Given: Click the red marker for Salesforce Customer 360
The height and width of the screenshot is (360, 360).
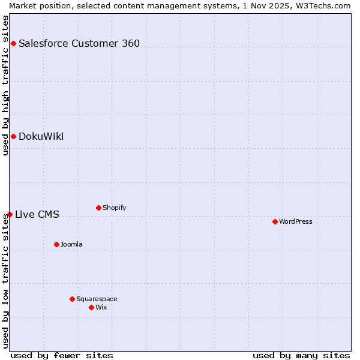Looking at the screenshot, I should (x=13, y=43).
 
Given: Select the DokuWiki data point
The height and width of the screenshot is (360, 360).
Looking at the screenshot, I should (x=13, y=136).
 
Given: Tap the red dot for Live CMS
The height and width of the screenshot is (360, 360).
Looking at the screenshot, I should (x=10, y=214).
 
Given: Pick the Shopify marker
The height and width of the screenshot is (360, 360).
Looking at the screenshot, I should (x=98, y=208).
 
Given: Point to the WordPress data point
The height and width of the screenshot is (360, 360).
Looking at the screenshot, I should (x=275, y=221).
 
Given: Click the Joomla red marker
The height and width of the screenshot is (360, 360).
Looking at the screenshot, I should (x=56, y=244).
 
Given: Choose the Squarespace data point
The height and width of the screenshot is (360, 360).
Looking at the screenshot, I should (x=72, y=299).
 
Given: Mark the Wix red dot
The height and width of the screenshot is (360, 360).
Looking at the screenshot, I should (x=91, y=307).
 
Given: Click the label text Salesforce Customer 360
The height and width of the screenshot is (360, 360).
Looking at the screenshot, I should (x=79, y=43).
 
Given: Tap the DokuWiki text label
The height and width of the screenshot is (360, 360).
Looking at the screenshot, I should (x=41, y=136).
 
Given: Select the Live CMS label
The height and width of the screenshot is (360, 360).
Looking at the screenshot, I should (x=37, y=214).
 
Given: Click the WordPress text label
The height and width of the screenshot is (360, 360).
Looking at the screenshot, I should (x=296, y=221).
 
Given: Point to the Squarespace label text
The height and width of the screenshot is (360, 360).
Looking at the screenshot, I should (x=97, y=299).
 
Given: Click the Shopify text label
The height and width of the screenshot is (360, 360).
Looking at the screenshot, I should (x=114, y=208).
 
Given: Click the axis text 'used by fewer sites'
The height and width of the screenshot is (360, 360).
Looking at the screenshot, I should (x=62, y=355).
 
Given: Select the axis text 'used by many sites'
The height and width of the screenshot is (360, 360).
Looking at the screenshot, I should (x=301, y=355).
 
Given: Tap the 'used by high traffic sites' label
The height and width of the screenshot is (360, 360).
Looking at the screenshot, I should (x=5, y=85).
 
